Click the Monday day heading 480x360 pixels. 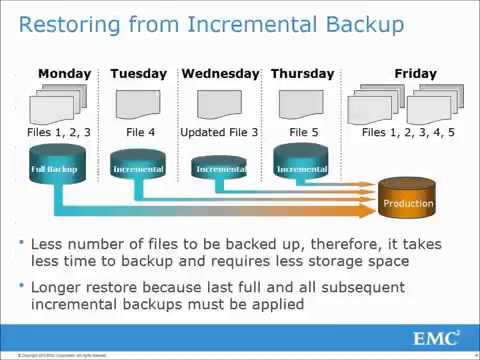pos(64,73)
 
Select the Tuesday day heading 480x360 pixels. pos(139,73)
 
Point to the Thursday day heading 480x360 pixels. pos(301,73)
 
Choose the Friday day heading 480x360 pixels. pos(415,73)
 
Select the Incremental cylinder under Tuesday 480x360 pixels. pos(139,169)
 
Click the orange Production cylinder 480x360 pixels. pos(408,200)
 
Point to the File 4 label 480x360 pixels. pos(139,131)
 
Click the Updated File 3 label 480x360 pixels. pos(220,131)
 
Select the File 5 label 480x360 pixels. pos(301,131)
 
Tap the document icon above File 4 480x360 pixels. pos(138,104)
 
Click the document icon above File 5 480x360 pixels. pos(301,104)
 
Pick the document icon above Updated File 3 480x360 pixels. pos(220,104)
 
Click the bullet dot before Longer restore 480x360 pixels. pos(20,287)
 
